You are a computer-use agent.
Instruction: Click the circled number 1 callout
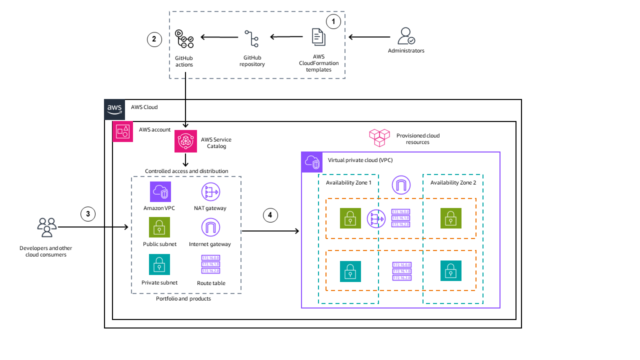[333, 21]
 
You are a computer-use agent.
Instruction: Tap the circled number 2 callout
[154, 39]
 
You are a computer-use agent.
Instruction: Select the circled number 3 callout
[88, 214]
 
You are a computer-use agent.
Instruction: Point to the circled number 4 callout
[270, 215]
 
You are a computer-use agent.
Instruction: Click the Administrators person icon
[406, 36]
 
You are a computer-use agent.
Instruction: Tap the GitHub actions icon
[184, 39]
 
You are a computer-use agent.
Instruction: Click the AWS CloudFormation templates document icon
[318, 37]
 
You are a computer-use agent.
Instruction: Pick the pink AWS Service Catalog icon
[185, 141]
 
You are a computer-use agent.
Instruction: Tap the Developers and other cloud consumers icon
[46, 227]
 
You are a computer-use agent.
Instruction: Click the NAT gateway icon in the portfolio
[210, 192]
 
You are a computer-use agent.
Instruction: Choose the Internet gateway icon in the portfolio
[210, 227]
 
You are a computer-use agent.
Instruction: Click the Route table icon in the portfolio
[210, 264]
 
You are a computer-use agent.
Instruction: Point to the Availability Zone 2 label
[453, 182]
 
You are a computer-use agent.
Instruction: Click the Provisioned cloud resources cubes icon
[379, 137]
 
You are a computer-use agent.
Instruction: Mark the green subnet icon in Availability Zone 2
[450, 218]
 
